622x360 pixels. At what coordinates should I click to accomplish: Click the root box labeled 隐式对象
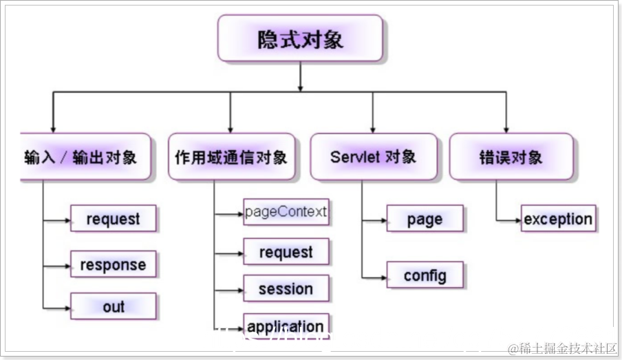pos(300,39)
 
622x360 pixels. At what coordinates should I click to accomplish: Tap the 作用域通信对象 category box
pos(230,157)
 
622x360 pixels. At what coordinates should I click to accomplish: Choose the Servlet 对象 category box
pos(373,157)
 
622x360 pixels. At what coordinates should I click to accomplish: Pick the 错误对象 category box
pos(511,157)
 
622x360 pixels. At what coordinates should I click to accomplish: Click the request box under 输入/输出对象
pos(114,219)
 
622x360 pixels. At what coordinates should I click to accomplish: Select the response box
pos(114,264)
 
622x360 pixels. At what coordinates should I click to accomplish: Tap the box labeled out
pos(114,306)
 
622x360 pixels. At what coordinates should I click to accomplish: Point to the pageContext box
pos(286,212)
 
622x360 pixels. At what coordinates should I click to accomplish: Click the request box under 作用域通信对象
pos(286,252)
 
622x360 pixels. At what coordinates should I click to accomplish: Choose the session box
pos(286,288)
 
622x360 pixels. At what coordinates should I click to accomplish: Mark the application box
pos(286,326)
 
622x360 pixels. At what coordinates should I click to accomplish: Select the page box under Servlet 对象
pos(425,219)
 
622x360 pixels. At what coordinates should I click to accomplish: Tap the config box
pos(425,275)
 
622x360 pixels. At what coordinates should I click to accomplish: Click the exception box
pos(558,219)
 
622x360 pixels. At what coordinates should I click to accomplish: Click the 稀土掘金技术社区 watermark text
pos(562,349)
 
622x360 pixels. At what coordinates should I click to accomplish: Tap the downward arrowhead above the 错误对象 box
pos(506,129)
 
